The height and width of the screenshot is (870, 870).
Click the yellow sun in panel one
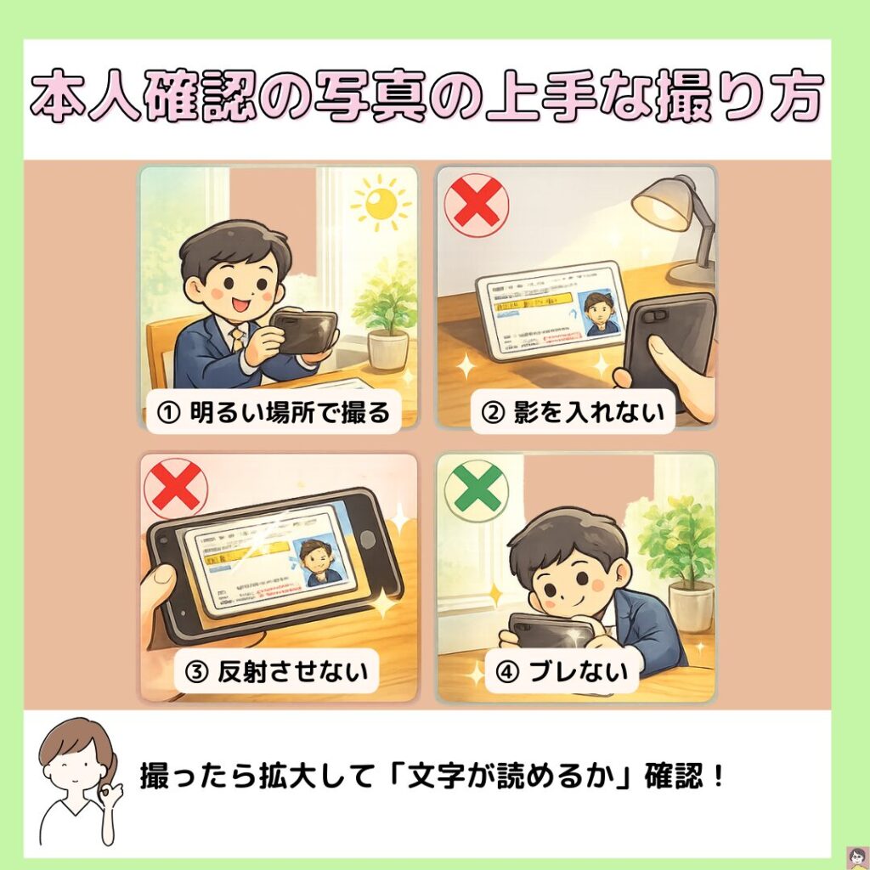coord(381,203)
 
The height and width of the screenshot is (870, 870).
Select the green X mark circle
coord(477,490)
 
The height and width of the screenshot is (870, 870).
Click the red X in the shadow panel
coord(477,205)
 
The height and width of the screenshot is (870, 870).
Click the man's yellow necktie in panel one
coord(237,338)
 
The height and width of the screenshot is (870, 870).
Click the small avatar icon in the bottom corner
coord(857,857)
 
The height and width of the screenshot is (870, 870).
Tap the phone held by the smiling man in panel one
coord(304,332)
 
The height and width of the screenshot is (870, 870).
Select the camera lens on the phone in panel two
coord(653,316)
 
